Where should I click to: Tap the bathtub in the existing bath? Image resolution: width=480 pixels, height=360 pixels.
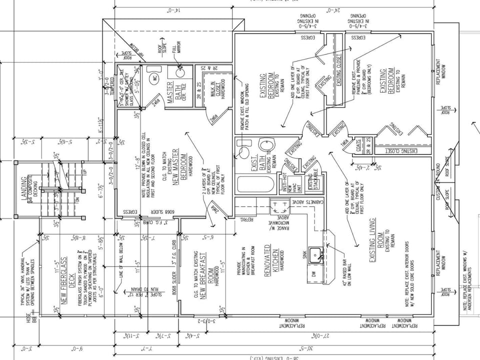(x=255, y=184)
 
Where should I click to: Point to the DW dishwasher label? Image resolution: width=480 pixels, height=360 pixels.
(x=314, y=274)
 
